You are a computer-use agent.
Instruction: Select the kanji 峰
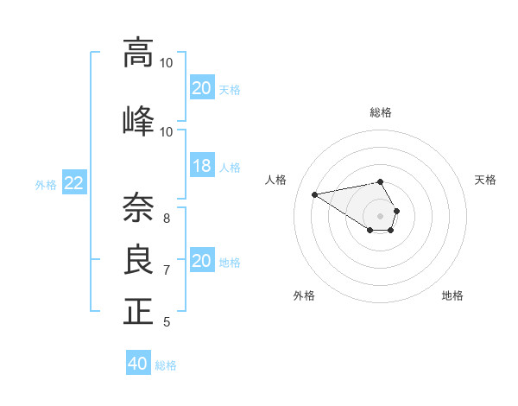pos(138,120)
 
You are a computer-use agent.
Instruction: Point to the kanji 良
pos(138,260)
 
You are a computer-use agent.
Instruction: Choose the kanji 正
pos(138,311)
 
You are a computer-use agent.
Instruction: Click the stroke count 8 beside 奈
pos(167,218)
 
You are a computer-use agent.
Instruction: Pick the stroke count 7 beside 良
pos(167,270)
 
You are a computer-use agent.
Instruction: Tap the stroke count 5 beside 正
pos(167,322)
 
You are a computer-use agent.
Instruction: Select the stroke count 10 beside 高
pos(167,63)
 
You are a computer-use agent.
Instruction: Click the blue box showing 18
pos(202,167)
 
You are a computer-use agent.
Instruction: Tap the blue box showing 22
pos(74,183)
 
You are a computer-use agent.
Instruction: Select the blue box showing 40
pos(138,364)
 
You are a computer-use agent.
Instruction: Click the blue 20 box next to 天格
pos(202,88)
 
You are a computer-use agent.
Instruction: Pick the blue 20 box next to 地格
pos(202,261)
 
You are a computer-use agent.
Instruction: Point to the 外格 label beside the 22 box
pos(46,184)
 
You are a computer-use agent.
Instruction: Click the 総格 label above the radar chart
pos(381,112)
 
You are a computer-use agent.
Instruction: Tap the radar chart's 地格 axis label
pos(452,295)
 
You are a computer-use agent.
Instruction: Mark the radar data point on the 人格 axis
pos(314,193)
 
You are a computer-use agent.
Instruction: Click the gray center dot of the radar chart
pos(381,214)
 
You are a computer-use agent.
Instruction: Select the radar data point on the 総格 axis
pos(381,181)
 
